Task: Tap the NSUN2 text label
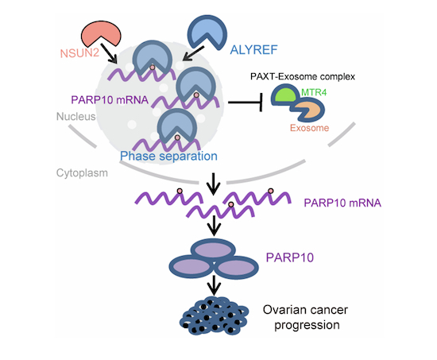[79, 53]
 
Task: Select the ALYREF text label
[253, 49]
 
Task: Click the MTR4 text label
[314, 92]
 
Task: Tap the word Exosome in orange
[309, 128]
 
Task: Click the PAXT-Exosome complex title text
[303, 76]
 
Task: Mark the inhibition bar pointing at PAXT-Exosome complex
[246, 103]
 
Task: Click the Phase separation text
[168, 156]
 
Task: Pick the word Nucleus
[75, 117]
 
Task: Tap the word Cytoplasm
[82, 173]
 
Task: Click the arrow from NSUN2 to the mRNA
[109, 53]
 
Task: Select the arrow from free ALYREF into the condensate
[193, 53]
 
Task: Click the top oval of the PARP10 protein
[214, 249]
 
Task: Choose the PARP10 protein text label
[290, 257]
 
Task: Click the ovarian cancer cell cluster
[214, 315]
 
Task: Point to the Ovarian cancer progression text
[306, 317]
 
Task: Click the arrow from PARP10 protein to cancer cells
[214, 285]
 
